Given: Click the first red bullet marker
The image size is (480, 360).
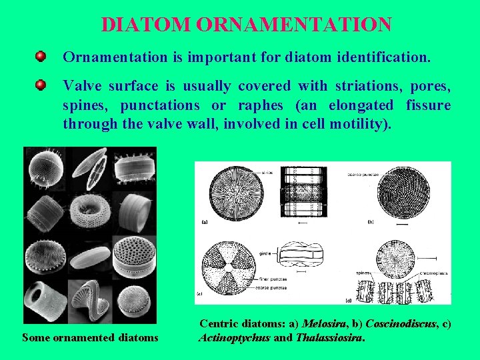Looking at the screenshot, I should tap(41, 56).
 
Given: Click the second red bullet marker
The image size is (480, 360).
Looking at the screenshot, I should tap(41, 85).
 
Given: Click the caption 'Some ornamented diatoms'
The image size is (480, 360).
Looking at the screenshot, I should tap(90, 337).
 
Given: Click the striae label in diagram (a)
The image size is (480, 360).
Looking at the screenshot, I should tap(249, 172).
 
